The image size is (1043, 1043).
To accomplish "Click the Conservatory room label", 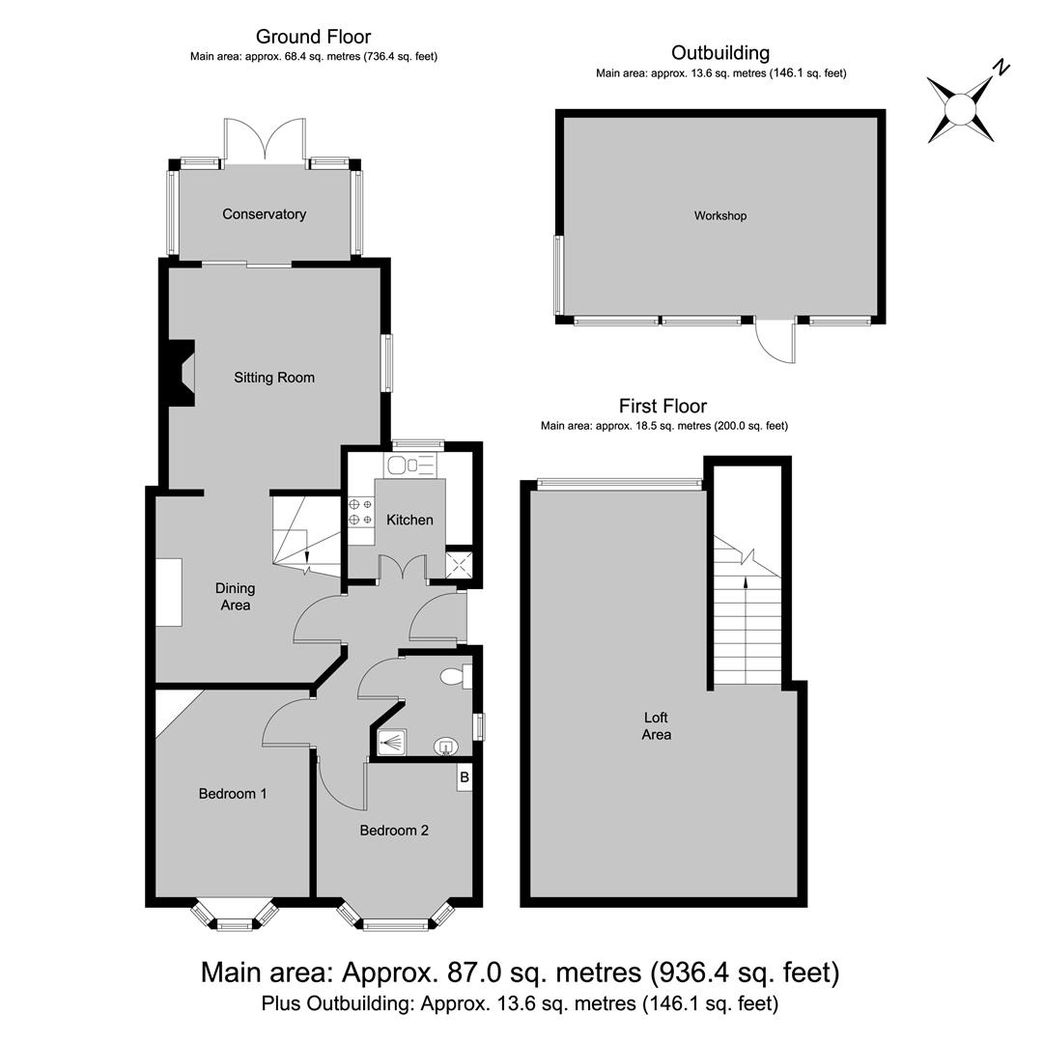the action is pyautogui.click(x=264, y=214).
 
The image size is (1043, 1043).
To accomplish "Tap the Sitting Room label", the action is pyautogui.click(x=274, y=378).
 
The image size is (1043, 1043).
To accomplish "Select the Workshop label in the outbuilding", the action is pyautogui.click(x=720, y=215).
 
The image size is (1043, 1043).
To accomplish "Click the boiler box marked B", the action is pyautogui.click(x=465, y=777).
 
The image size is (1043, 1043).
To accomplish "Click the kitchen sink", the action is pyautogui.click(x=409, y=465).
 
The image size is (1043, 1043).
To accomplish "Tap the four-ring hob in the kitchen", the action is pyautogui.click(x=360, y=512).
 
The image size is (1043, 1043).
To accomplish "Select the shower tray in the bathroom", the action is pyautogui.click(x=392, y=743).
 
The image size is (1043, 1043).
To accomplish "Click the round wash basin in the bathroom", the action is pyautogui.click(x=445, y=747).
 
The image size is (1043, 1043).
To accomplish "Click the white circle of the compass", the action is pyautogui.click(x=961, y=109).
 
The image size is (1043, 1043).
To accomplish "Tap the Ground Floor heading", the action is pyautogui.click(x=313, y=37).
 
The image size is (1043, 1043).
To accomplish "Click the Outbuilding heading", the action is pyautogui.click(x=720, y=53).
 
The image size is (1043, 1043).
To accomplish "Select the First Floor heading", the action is pyautogui.click(x=663, y=406).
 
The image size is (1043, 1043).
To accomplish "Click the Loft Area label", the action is pyautogui.click(x=657, y=725).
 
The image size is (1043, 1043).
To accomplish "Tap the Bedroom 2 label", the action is pyautogui.click(x=394, y=831).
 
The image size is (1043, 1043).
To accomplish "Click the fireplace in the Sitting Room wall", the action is pyautogui.click(x=180, y=373).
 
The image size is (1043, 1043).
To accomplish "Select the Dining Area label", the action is pyautogui.click(x=235, y=597).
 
